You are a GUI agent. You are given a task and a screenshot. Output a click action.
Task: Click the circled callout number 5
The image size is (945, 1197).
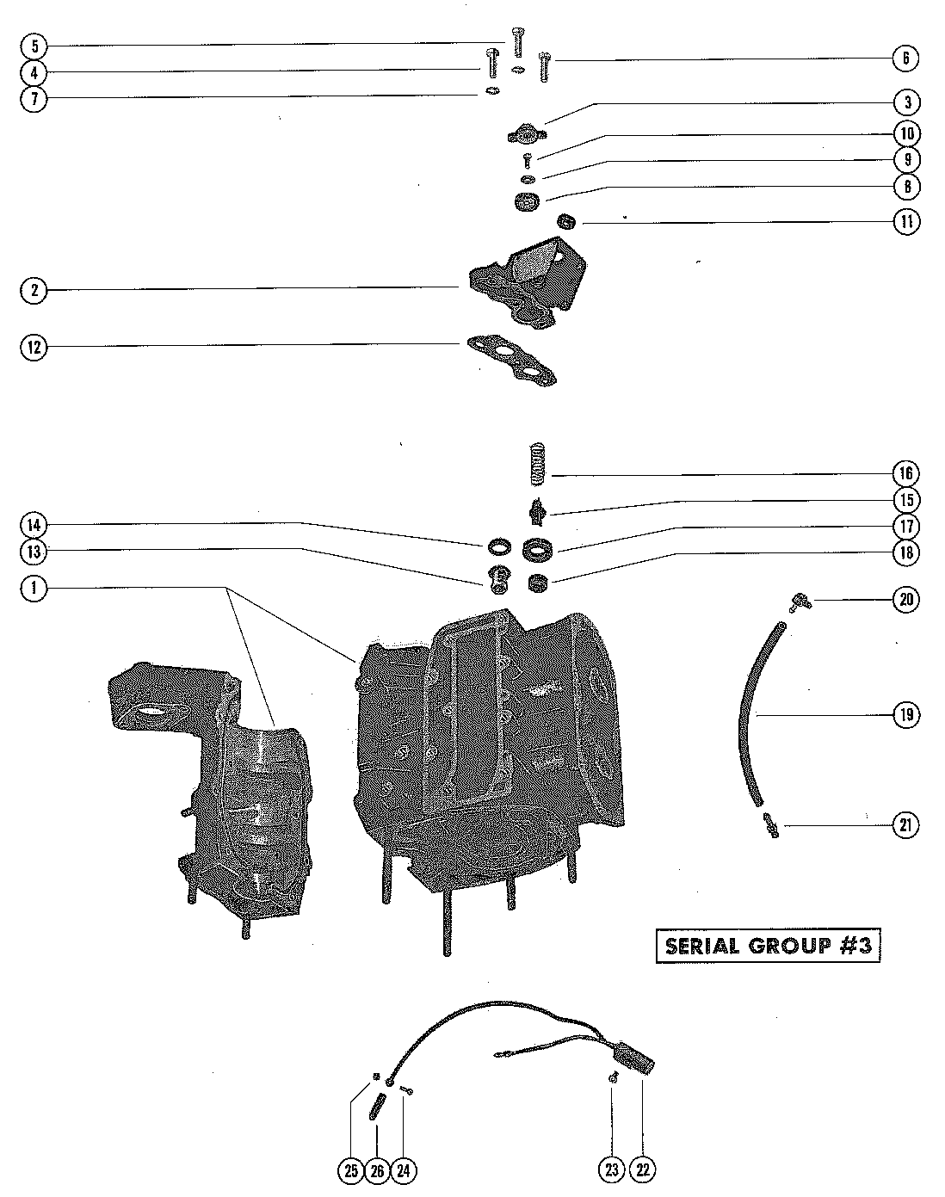pos(34,46)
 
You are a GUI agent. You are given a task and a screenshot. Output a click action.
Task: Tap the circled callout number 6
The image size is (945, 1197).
pos(905,59)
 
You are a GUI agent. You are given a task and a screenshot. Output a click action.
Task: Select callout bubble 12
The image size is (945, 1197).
pos(34,348)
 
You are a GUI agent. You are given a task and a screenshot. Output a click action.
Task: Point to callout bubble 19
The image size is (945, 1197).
pos(905,714)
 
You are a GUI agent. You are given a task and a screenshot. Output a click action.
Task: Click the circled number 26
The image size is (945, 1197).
pos(375,1169)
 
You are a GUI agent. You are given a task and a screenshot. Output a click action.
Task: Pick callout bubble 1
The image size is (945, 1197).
pos(34,589)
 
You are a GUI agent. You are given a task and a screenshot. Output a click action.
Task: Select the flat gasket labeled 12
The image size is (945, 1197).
pos(511,360)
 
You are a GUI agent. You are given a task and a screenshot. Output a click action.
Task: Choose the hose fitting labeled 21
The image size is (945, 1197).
pos(769,825)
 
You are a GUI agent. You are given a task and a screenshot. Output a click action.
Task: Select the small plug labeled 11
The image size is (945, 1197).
pos(566,221)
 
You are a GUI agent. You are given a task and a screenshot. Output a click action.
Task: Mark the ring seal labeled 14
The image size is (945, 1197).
pos(497,546)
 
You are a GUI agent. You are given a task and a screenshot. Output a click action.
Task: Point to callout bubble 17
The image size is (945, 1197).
pos(905,526)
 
